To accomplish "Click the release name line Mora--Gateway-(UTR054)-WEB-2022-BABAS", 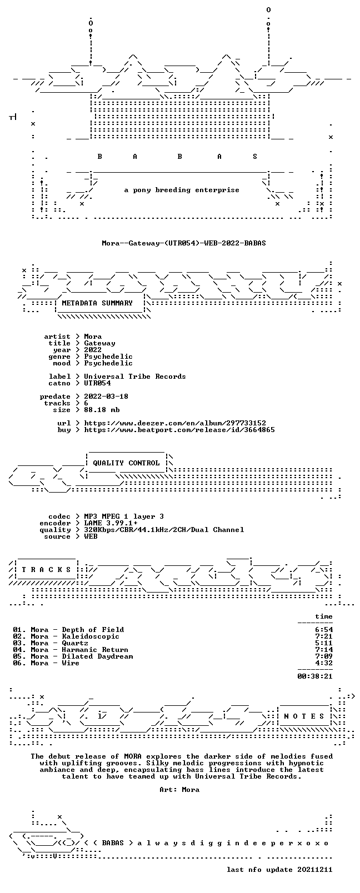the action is click(x=184, y=243).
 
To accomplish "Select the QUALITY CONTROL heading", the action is click(x=126, y=463).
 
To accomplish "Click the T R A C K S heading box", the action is click(x=46, y=569).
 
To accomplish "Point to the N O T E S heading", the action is click(x=304, y=716).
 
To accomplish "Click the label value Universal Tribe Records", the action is click(x=135, y=377).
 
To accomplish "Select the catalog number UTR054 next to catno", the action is click(x=97, y=383).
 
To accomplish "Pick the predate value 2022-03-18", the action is click(x=106, y=397).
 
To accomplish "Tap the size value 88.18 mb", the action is click(x=102, y=410).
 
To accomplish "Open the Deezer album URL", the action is click(x=175, y=423).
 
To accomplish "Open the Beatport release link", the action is click(x=179, y=430).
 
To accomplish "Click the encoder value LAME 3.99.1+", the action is click(x=111, y=523).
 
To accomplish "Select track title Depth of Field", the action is click(x=93, y=629).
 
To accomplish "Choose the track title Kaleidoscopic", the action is click(x=91, y=636).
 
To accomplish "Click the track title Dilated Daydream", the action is click(x=97, y=656).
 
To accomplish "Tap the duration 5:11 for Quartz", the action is click(x=324, y=643).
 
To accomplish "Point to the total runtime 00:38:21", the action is click(x=315, y=676).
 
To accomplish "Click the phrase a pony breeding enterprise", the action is click(x=182, y=190).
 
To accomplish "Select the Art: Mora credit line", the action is click(x=179, y=789).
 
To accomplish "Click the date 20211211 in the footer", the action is click(x=315, y=870).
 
